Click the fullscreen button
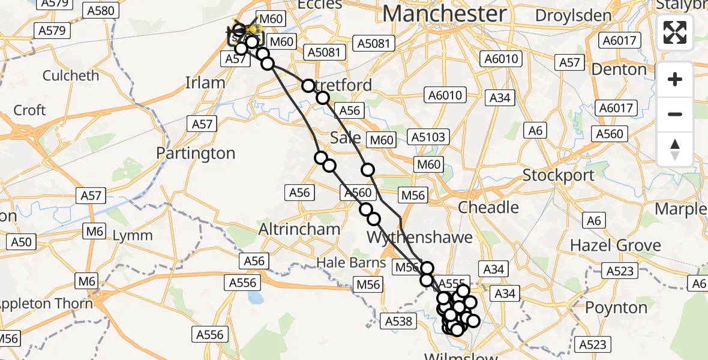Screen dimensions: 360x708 pos(675,32)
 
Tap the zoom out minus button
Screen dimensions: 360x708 pos(675,114)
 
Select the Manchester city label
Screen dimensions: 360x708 pos(444,13)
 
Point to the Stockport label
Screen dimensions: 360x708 pos(558,176)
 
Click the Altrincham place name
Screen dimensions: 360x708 pos(299,229)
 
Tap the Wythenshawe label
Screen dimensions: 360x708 pos(412,236)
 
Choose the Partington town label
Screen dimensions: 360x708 pos(196,154)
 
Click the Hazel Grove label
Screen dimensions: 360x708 pos(615,245)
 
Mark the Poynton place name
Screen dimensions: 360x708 pos(616,308)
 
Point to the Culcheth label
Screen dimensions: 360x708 pos(71,76)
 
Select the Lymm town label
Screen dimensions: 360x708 pos(133,235)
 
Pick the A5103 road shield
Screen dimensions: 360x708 pos(428,137)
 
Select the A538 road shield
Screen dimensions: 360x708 pos(399,322)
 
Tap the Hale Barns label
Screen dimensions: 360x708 pos(352,262)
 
